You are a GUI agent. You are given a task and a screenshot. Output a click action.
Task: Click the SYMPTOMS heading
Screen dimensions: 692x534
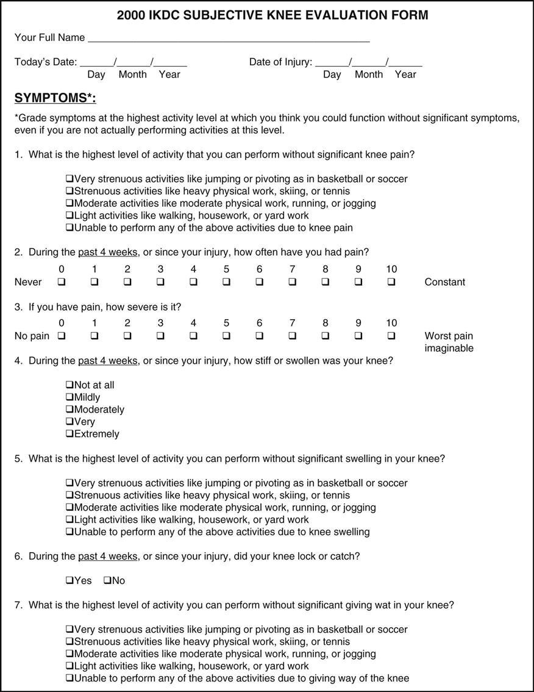[x=55, y=99]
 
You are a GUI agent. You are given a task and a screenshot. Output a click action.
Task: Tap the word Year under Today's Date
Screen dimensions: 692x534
[x=169, y=74]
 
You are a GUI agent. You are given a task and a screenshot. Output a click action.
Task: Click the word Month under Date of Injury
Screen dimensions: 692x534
[x=369, y=74]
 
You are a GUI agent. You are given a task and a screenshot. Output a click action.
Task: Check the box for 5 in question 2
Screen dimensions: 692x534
[x=226, y=282]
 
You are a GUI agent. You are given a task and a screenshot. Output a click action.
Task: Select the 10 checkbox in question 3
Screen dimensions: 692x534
[x=391, y=336]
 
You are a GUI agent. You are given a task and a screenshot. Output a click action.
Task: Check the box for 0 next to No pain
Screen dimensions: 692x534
[x=62, y=336]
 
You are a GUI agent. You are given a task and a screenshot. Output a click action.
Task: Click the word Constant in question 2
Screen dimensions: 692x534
[x=444, y=282]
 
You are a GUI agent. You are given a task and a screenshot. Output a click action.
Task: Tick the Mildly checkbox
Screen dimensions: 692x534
[x=69, y=397]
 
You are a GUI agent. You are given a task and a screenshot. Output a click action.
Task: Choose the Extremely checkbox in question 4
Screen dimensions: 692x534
[x=69, y=434]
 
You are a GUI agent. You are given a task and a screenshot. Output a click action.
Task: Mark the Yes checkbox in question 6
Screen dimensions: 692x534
[x=69, y=580]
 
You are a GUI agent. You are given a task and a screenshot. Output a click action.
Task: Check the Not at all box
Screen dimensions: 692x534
[x=69, y=385]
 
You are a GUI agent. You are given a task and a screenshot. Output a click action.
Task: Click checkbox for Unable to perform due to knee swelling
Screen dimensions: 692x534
[x=69, y=532]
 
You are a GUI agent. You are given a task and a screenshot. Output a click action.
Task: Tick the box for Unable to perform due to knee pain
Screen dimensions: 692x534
[x=69, y=228]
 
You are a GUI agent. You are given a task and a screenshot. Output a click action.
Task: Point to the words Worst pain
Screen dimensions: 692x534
[x=449, y=336]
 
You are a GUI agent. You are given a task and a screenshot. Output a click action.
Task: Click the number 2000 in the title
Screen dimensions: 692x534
[x=131, y=15]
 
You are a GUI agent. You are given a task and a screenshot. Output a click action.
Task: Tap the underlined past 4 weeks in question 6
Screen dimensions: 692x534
[x=107, y=556]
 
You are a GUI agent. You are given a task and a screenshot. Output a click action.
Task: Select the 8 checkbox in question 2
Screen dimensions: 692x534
[x=326, y=282]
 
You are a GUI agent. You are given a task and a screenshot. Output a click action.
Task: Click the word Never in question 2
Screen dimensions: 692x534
[x=28, y=282]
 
